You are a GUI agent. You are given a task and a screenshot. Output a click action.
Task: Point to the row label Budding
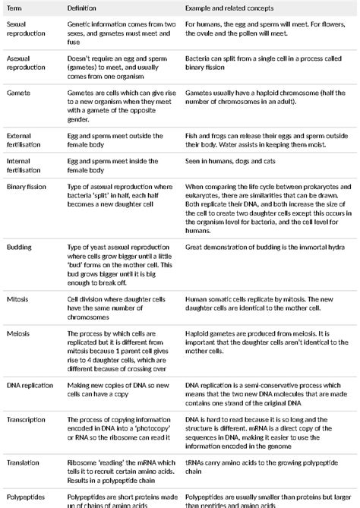20,248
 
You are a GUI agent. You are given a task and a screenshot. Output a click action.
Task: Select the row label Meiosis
18,333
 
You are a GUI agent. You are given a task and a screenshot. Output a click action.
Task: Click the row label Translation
24,462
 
